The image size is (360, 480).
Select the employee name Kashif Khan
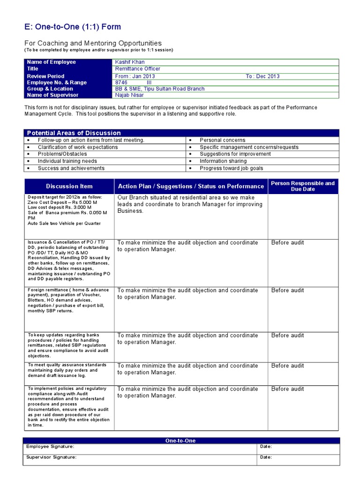tap(130, 62)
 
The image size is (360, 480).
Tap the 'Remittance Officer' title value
tap(138, 69)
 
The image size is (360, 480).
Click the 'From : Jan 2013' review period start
tap(135, 76)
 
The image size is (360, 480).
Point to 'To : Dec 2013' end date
tap(262, 76)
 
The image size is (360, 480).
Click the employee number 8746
tap(122, 82)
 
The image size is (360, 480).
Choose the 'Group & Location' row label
tap(50, 89)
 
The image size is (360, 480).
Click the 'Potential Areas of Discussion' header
tap(74, 133)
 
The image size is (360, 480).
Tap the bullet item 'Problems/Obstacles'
tap(62, 154)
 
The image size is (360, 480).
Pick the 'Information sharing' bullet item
tap(224, 161)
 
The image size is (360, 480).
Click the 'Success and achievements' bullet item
tap(71, 168)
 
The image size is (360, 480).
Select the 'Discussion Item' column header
tap(69, 186)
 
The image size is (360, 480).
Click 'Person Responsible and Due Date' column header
tap(303, 186)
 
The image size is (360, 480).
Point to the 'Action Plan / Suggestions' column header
tap(191, 186)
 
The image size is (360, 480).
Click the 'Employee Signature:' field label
tap(50, 447)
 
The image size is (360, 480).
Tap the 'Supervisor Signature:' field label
tap(52, 457)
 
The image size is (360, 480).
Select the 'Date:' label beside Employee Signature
tap(266, 447)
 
